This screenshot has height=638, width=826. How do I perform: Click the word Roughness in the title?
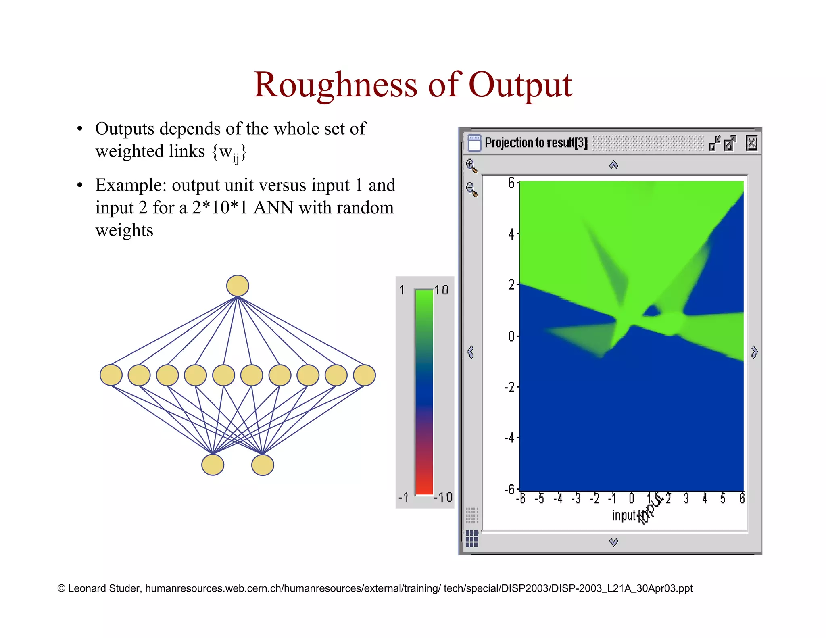click(335, 85)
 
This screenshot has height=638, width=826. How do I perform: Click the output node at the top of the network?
click(238, 286)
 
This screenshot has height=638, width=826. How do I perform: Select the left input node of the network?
click(213, 465)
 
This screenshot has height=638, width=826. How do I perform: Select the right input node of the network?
click(263, 465)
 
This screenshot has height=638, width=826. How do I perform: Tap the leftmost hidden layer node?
click(111, 375)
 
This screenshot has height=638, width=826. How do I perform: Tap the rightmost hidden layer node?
click(364, 375)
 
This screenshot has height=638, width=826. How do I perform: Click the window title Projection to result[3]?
click(536, 143)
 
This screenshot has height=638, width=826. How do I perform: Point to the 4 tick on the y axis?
click(511, 234)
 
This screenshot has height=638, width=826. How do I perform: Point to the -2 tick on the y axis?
click(510, 387)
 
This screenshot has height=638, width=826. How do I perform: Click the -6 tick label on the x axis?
click(521, 499)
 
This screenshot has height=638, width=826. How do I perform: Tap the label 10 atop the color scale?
click(442, 290)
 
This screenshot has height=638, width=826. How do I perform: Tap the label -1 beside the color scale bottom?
click(403, 497)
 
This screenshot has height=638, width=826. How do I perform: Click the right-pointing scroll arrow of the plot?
click(754, 352)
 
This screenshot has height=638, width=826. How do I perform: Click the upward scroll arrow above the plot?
click(613, 165)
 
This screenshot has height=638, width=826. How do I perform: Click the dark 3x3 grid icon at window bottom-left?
click(471, 538)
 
